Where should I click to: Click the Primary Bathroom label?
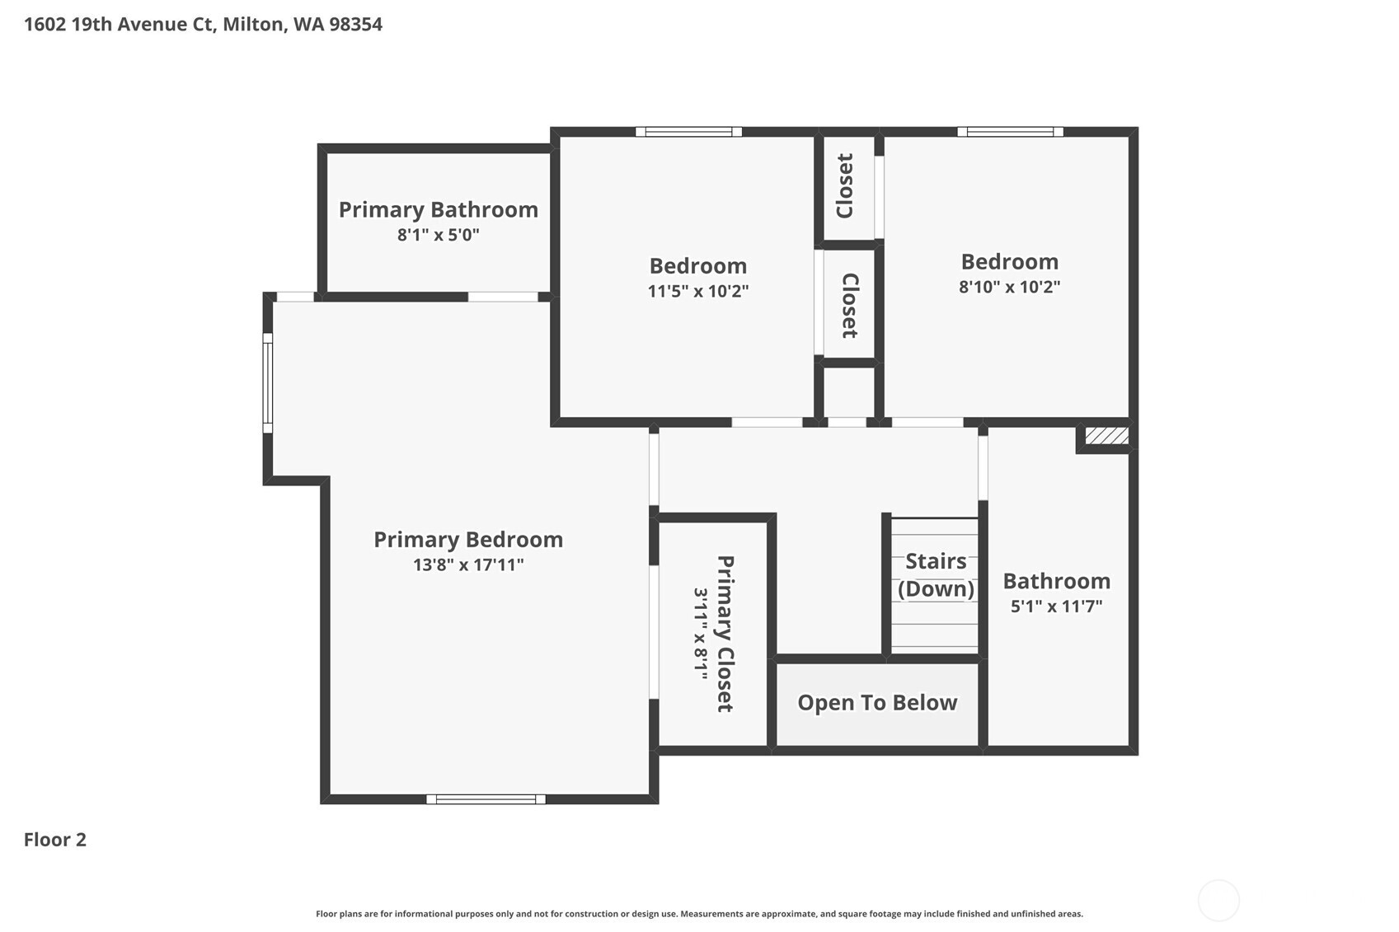tap(438, 209)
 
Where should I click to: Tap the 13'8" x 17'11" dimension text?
tap(468, 564)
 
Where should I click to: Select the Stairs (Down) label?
tap(936, 574)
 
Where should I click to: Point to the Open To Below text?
tap(877, 702)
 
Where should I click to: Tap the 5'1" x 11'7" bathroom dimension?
tap(1056, 607)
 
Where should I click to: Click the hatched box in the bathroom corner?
tap(1106, 435)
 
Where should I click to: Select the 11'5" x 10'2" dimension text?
tap(697, 291)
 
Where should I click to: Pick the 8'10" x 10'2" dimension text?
tap(1009, 287)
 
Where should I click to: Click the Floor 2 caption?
tap(55, 839)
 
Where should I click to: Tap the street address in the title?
tap(203, 24)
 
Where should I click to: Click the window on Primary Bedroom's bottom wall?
tap(486, 799)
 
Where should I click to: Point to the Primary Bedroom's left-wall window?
tap(268, 382)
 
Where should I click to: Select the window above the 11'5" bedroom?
tap(688, 132)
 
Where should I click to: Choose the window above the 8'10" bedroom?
tap(1010, 132)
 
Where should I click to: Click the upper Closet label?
tap(845, 186)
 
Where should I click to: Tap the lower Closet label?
tap(850, 306)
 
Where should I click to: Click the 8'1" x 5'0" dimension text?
tap(438, 235)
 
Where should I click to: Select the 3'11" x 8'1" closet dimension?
tap(701, 633)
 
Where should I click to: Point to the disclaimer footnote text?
tap(699, 913)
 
